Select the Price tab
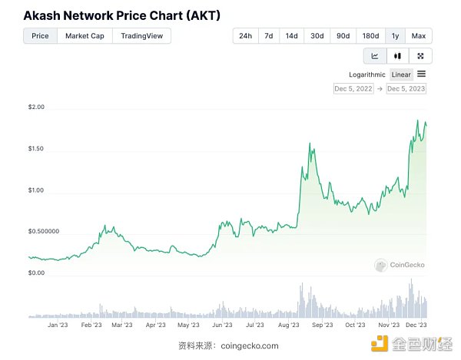(40, 35)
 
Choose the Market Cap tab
(85, 35)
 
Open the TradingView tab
(142, 35)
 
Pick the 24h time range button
(245, 35)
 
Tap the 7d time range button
(268, 35)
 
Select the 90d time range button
(343, 35)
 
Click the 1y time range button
(395, 35)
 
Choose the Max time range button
(419, 35)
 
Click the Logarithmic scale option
(368, 74)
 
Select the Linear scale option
(401, 74)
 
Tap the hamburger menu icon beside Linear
(422, 74)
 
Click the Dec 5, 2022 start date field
(353, 89)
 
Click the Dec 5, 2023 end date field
(406, 89)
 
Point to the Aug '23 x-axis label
(289, 325)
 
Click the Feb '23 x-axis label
(91, 325)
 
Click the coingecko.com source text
(249, 345)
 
